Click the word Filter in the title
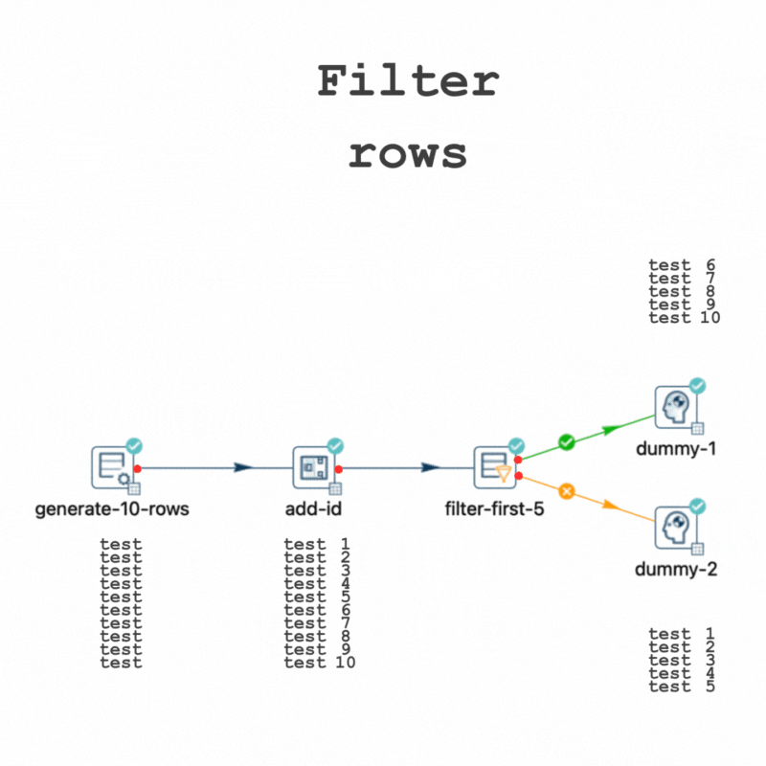click(408, 82)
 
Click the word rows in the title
click(408, 154)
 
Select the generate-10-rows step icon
click(113, 467)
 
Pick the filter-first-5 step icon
click(495, 467)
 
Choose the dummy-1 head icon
click(676, 408)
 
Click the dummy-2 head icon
click(676, 529)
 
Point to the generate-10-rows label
click(112, 508)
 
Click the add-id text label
click(313, 508)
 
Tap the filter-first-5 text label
click(495, 508)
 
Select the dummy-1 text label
click(676, 448)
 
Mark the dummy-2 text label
click(676, 570)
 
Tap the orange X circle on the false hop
click(566, 491)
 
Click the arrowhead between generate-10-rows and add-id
click(242, 468)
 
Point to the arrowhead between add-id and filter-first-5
click(431, 468)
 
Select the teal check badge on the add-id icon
click(335, 445)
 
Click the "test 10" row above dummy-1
click(684, 318)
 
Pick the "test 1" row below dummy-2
click(682, 633)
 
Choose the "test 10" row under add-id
click(320, 662)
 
